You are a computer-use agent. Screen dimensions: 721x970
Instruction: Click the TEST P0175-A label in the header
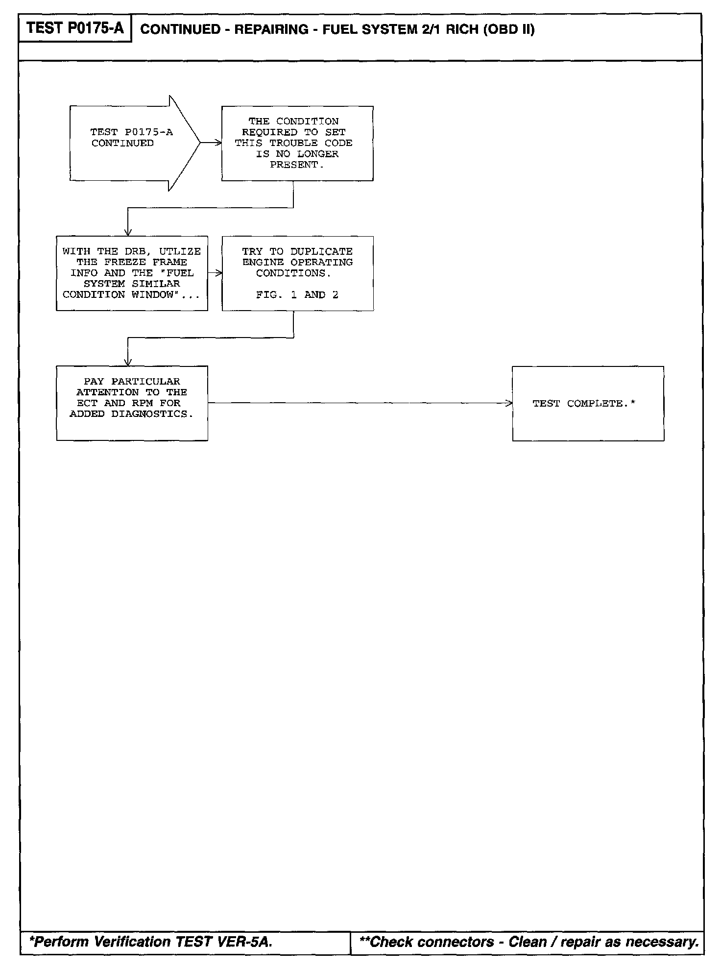click(x=75, y=28)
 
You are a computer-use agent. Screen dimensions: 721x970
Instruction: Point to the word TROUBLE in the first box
click(x=293, y=143)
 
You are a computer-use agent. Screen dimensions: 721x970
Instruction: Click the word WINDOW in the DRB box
click(x=152, y=295)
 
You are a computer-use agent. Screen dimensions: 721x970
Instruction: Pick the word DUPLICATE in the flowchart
click(x=321, y=252)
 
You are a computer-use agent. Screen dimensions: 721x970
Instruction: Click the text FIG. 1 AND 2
click(x=297, y=295)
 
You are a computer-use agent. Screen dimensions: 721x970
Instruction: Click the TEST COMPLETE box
click(x=588, y=404)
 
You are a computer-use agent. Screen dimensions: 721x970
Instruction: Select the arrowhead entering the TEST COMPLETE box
click(x=509, y=403)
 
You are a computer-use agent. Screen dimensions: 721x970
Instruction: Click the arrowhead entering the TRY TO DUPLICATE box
click(x=219, y=273)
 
